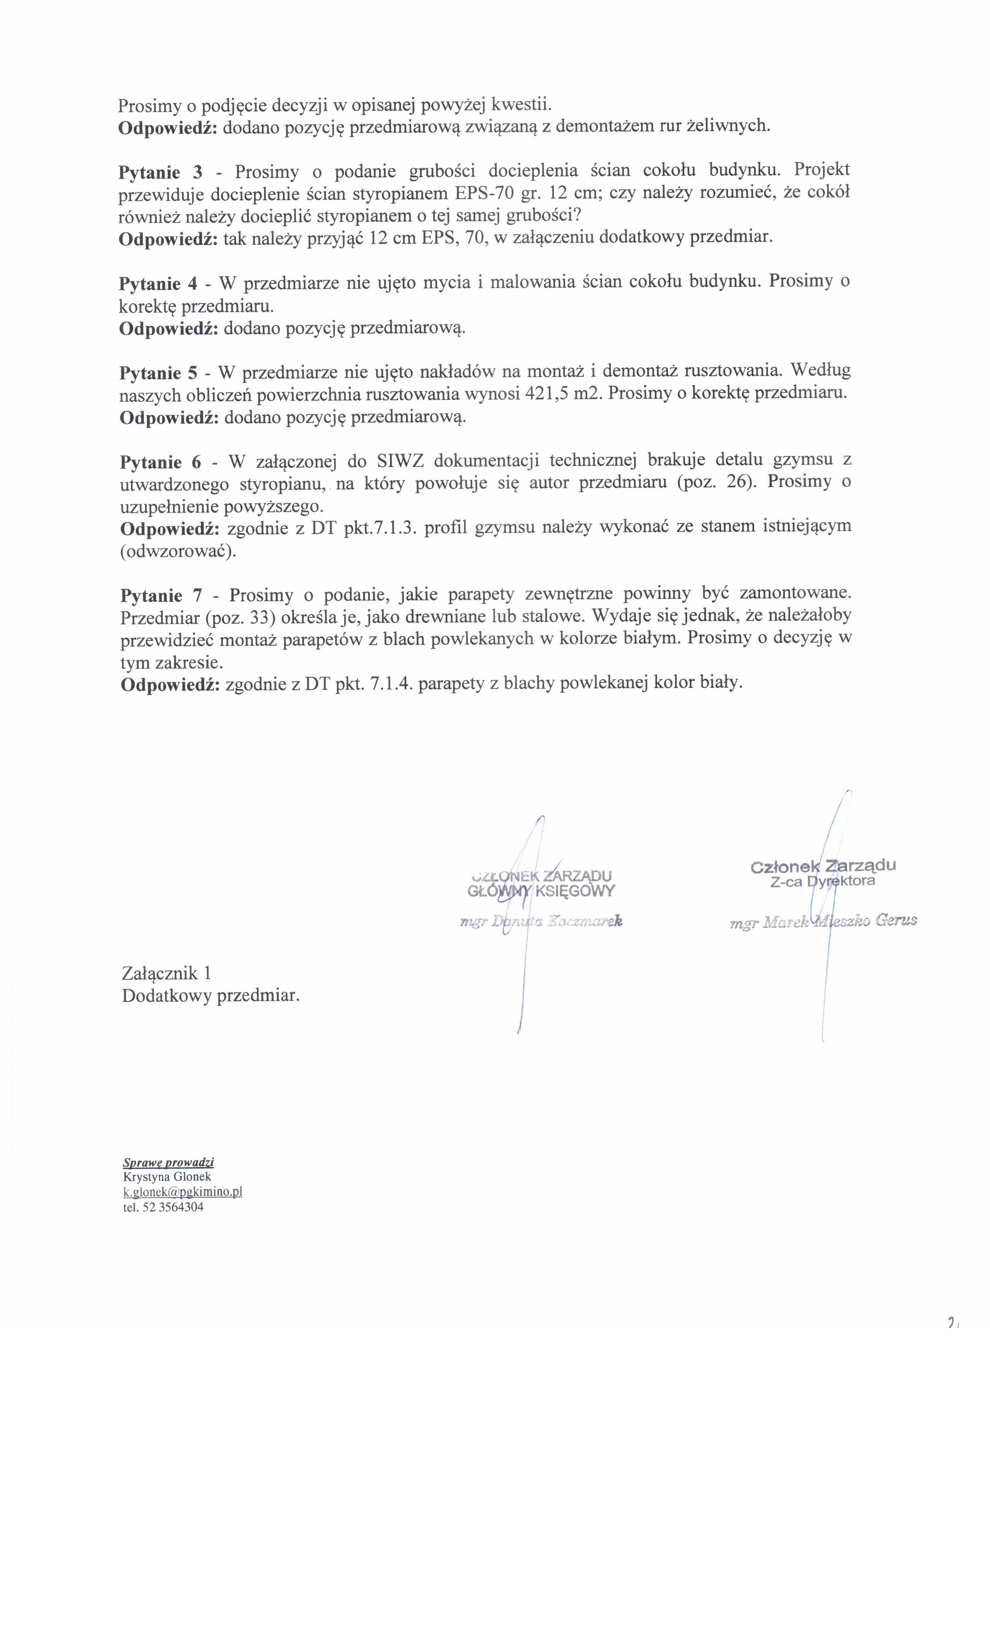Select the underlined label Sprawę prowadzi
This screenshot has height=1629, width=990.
168,1162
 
